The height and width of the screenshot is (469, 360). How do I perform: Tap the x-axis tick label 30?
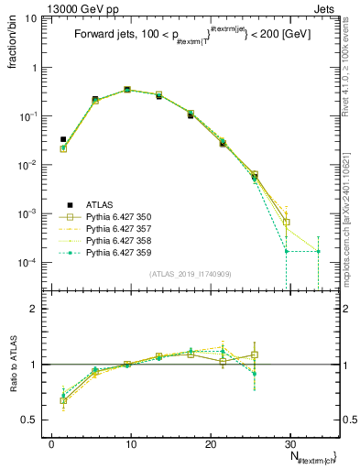290,443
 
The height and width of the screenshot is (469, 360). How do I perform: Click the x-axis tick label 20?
211,443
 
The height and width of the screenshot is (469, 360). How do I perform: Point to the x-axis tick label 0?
51,443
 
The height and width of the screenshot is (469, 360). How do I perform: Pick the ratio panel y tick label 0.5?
33,420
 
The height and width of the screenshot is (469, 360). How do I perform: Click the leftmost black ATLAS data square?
63,139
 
